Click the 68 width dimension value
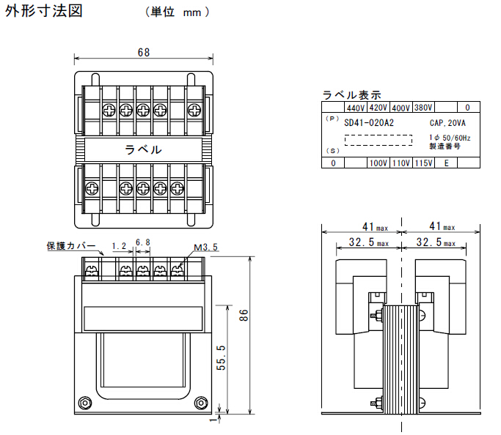(144, 52)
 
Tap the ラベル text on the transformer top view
(143, 149)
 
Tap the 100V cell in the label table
(379, 163)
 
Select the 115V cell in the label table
(424, 163)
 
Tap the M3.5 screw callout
(206, 248)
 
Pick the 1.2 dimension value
(120, 246)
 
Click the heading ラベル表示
(352, 94)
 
